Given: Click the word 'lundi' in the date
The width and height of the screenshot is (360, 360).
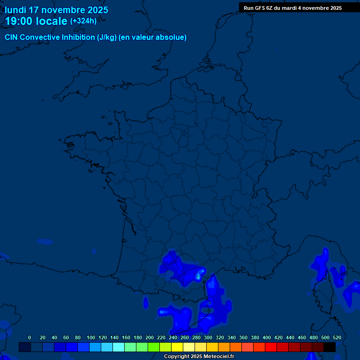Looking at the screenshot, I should pos(15,10).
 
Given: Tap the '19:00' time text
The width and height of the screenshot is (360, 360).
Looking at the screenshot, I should pos(19,21).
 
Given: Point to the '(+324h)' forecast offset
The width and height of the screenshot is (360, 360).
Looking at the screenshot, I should pos(83,21).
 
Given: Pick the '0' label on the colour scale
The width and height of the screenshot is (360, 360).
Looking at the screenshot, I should pos(30,337).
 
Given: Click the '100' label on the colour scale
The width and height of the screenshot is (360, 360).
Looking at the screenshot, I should pos(91,337).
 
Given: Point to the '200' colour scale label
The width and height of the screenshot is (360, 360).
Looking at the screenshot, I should pos(150,337).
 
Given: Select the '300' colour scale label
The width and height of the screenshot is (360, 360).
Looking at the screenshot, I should pos(208,337).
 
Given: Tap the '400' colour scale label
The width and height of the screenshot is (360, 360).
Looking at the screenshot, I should pos(267,337).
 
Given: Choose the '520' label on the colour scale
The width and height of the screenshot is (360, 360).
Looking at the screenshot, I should pos(337,337).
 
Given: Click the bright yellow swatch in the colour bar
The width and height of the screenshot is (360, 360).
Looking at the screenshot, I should pos(177,347).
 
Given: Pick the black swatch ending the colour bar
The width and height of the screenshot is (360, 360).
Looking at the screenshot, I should pos(330,347).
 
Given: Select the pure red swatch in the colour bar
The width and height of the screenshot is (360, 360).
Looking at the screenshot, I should pos(271,347).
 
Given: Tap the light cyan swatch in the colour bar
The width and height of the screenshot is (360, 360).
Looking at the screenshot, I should pos(119,347).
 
